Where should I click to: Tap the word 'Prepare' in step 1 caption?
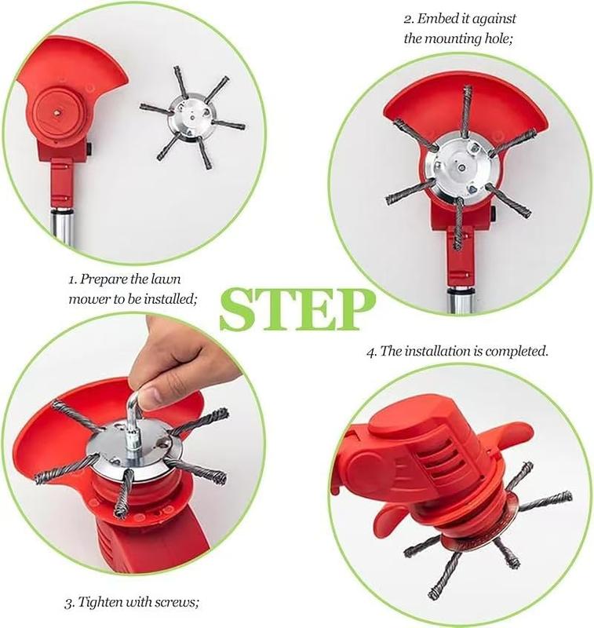click(104, 279)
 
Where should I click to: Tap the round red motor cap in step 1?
click(57, 111)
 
